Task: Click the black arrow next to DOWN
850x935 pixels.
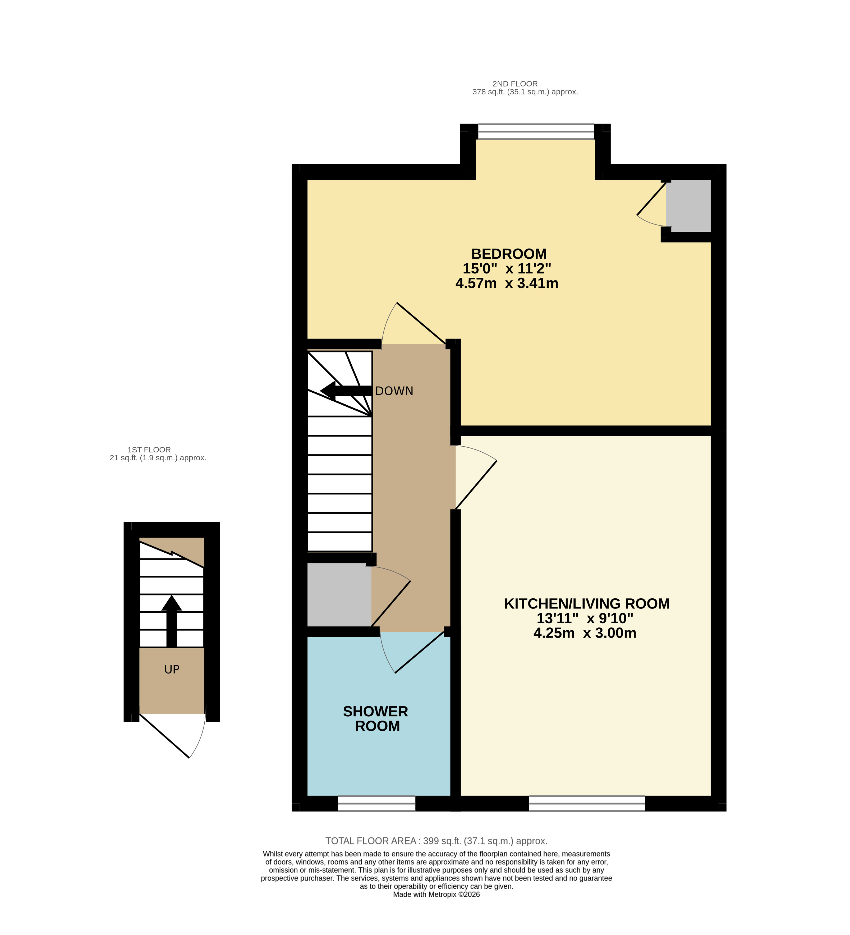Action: (346, 391)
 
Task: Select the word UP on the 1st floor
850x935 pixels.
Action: (172, 669)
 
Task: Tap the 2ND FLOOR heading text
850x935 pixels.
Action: (515, 84)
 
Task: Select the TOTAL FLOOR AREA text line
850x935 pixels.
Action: (436, 841)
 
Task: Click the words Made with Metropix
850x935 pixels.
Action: (436, 894)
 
